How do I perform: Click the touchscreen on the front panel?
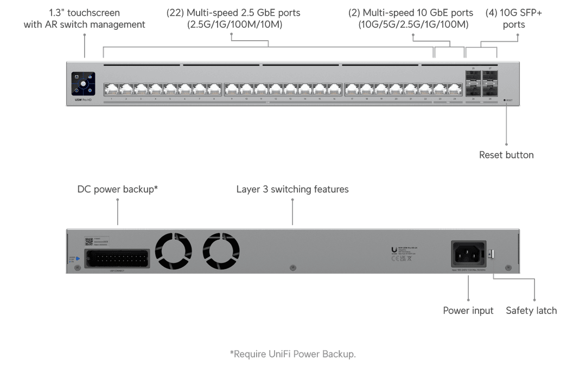coord(83,84)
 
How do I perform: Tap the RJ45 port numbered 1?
coord(111,89)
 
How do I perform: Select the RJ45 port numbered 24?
coord(455,89)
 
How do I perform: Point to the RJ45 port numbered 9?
coord(231,89)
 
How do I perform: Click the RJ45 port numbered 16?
coord(334,89)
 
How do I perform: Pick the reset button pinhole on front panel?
coord(505,100)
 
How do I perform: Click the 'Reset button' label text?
coord(506,155)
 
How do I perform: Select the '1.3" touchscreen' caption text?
coord(85,12)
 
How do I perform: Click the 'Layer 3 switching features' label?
coord(292,189)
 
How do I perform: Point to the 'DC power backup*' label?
coord(118,189)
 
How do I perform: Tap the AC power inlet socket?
coord(468,253)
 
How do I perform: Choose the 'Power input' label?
coord(468,311)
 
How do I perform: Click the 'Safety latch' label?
coord(531,311)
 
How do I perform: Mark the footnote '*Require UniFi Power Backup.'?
coord(292,354)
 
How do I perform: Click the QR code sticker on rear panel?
coord(89,241)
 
